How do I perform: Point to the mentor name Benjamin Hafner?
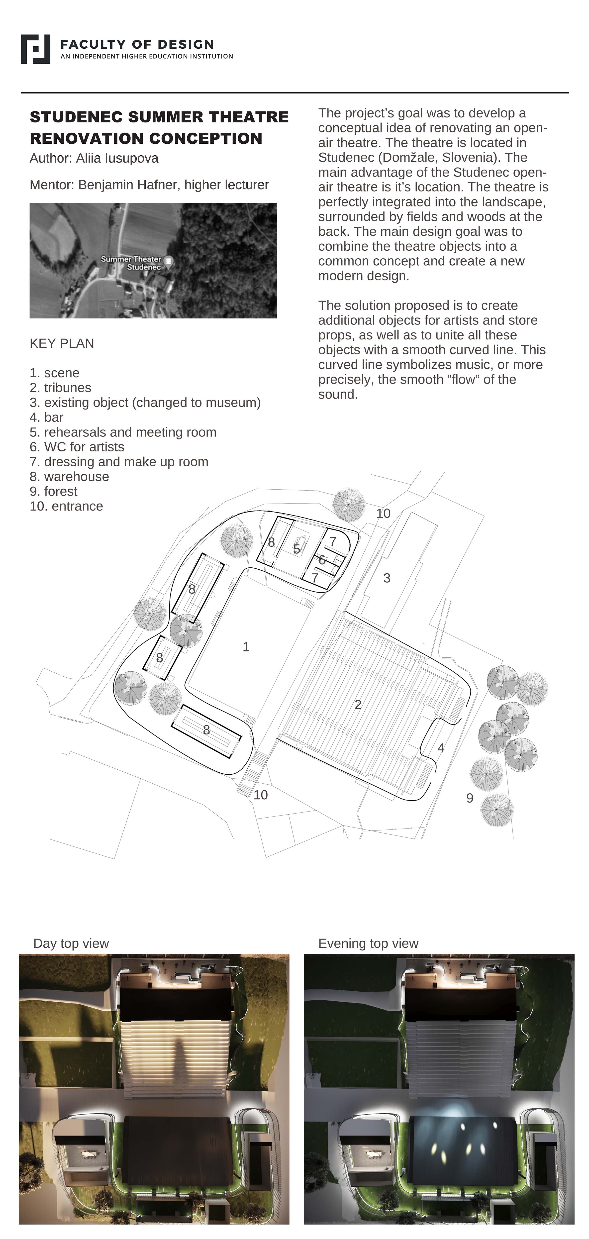tap(128, 185)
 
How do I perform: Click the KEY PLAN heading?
tap(62, 343)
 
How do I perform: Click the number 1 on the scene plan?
tap(246, 647)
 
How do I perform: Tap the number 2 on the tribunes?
tap(358, 705)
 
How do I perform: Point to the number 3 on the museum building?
tap(387, 578)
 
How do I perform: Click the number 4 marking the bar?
tap(441, 748)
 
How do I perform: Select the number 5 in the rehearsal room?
tap(297, 549)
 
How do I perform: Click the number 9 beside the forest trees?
tap(470, 798)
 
